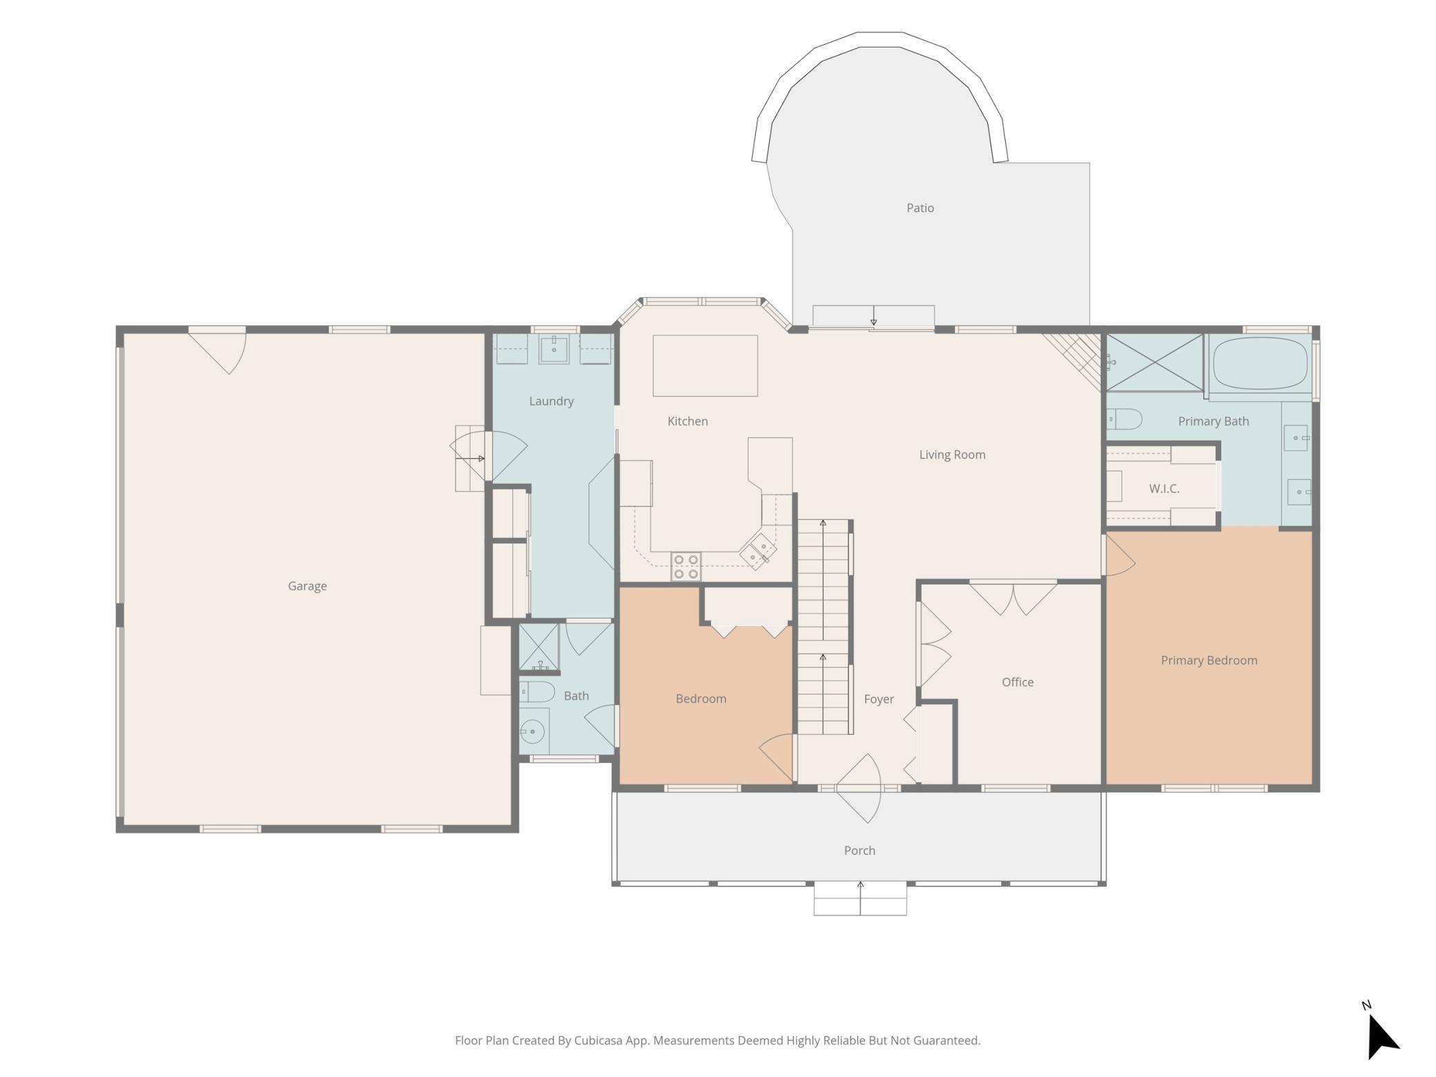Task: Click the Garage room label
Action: click(307, 586)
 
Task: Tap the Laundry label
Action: click(551, 401)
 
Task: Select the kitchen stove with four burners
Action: click(686, 567)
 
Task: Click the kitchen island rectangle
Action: click(705, 366)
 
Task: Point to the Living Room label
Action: click(952, 455)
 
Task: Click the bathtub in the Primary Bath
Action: click(1260, 364)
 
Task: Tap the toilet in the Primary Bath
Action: click(1124, 419)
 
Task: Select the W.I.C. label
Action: click(1164, 489)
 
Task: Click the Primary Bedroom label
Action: click(1209, 661)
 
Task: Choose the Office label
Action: click(1018, 682)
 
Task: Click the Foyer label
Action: click(879, 699)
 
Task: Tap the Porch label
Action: click(860, 851)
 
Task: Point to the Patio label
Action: click(920, 208)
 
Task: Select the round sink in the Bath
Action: click(532, 730)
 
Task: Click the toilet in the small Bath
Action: click(537, 692)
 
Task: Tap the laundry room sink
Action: click(554, 349)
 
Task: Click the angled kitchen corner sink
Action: click(758, 551)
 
